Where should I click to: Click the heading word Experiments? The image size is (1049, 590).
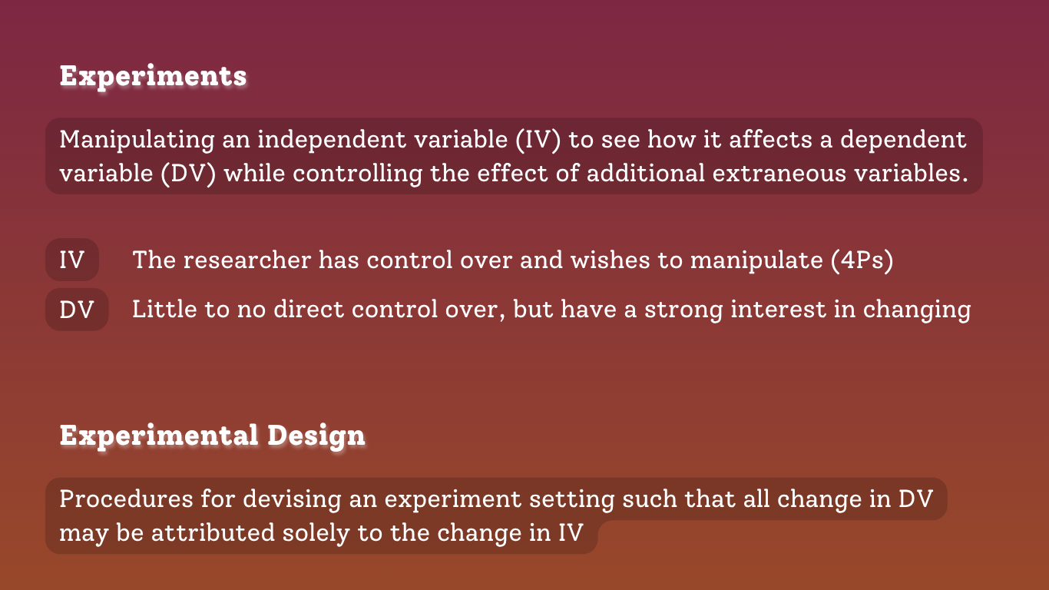[x=153, y=76]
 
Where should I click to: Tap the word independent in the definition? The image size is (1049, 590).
[x=332, y=140]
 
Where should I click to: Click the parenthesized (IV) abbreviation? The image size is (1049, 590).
[x=538, y=140]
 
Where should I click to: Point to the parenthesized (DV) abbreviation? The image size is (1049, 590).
[x=188, y=174]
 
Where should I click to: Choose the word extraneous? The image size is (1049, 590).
[x=779, y=174]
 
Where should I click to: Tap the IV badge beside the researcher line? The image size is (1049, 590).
[x=71, y=260]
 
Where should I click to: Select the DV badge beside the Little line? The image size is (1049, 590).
[x=77, y=310]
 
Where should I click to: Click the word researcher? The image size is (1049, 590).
[x=247, y=260]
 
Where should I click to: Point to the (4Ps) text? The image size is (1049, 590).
[x=862, y=260]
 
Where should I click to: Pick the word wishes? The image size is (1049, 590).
[x=611, y=260]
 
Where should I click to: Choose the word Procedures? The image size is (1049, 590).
[x=127, y=499]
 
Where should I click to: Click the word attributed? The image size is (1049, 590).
[x=213, y=533]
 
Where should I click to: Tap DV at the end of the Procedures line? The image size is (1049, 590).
[x=916, y=499]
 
